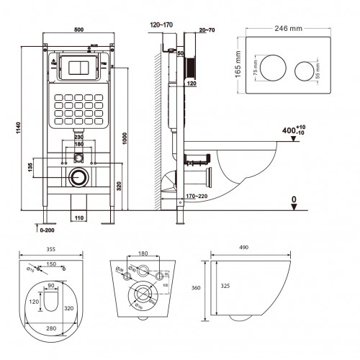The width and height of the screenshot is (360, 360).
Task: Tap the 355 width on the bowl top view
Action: pyautogui.click(x=50, y=248)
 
